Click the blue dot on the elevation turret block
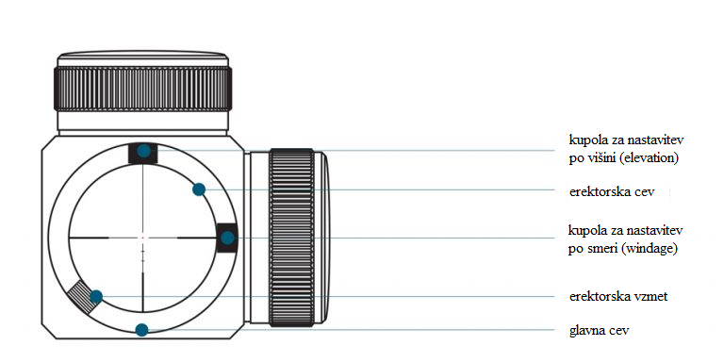[144, 151]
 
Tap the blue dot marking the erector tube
[199, 189]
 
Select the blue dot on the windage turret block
[227, 238]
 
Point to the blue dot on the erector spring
[96, 296]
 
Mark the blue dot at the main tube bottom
[141, 330]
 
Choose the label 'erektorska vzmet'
[618, 296]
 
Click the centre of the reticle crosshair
[143, 238]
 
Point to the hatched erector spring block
[83, 295]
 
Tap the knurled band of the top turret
[143, 89]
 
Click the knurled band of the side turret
[291, 238]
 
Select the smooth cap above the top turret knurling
[143, 59]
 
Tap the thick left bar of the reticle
[89, 238]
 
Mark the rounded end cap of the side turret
[322, 238]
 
